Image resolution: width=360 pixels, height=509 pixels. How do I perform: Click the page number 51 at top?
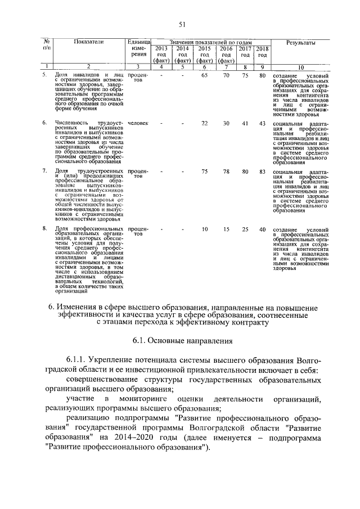tap(182, 24)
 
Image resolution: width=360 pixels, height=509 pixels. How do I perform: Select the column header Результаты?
tap(301, 43)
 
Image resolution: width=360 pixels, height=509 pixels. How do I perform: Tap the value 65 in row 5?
tap(205, 75)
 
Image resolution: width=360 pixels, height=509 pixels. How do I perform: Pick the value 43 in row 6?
tap(262, 123)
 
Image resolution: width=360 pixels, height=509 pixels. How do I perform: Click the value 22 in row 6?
tap(205, 123)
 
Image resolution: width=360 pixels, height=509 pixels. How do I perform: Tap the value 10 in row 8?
tap(205, 229)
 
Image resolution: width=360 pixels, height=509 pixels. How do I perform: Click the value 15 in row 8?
tap(226, 229)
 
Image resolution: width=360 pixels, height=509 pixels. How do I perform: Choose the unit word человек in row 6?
tap(138, 123)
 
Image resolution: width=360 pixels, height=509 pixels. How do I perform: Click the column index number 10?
tap(300, 67)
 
